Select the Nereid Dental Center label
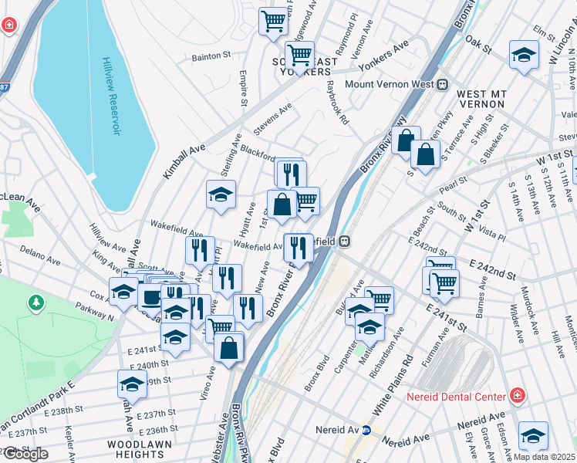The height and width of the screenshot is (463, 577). (456, 397)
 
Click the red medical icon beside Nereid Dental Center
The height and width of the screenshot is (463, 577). (517, 397)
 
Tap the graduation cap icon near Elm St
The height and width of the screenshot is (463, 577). (525, 55)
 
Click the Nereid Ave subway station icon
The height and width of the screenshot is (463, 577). (366, 430)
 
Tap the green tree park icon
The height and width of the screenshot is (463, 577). (35, 302)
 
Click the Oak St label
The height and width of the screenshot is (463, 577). (479, 47)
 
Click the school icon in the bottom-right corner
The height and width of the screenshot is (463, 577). (533, 435)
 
